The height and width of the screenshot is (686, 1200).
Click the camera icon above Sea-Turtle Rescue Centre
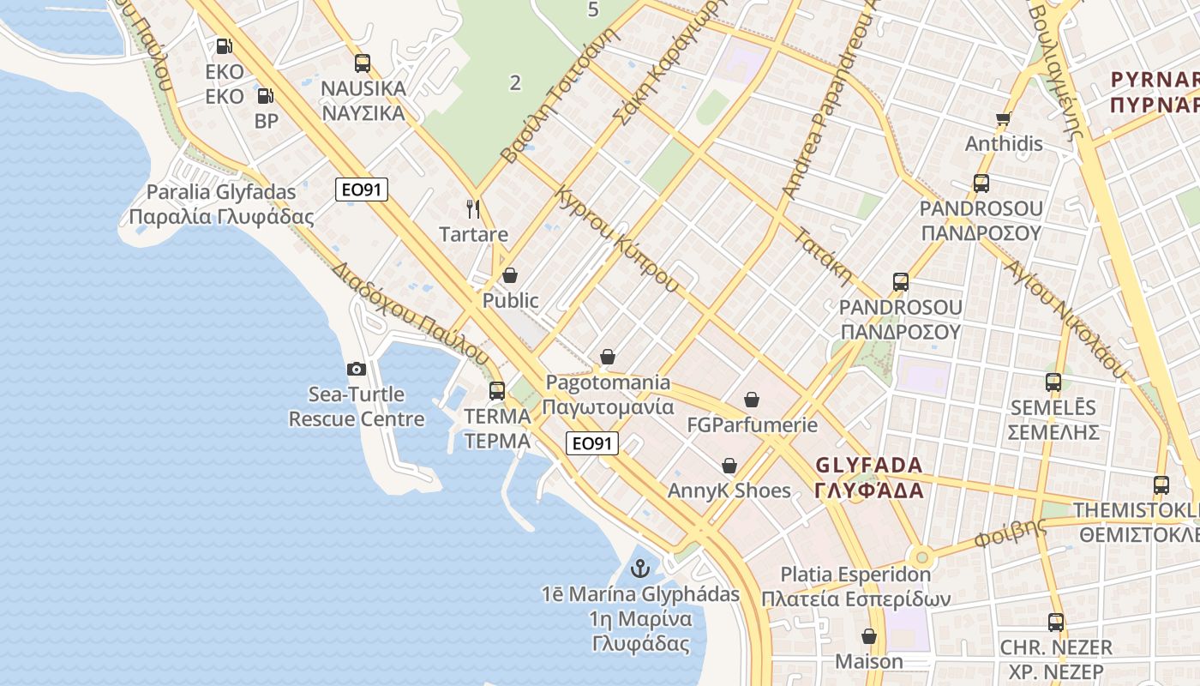tap(357, 369)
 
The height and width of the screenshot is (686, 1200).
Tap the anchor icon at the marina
tap(639, 568)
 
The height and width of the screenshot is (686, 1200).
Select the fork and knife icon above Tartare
tap(472, 208)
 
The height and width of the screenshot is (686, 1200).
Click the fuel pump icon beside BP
tap(266, 96)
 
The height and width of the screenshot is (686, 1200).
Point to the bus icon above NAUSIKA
tap(363, 63)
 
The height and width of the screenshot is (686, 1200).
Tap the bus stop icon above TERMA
tap(497, 391)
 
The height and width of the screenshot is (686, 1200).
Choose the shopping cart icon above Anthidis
tap(1004, 118)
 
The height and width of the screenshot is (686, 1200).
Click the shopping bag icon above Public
tap(510, 275)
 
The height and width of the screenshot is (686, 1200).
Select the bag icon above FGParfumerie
tap(752, 400)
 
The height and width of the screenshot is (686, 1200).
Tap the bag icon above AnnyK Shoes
tap(729, 466)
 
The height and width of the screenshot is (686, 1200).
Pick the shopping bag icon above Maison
tap(869, 636)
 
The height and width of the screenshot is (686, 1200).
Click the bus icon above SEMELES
tap(1053, 382)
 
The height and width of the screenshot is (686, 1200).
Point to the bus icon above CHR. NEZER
tap(1056, 622)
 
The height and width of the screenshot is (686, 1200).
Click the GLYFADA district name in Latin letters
tap(869, 466)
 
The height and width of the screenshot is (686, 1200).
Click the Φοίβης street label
tap(1011, 533)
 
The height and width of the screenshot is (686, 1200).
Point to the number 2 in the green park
tap(515, 83)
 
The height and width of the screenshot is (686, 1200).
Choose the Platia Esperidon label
tap(855, 575)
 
